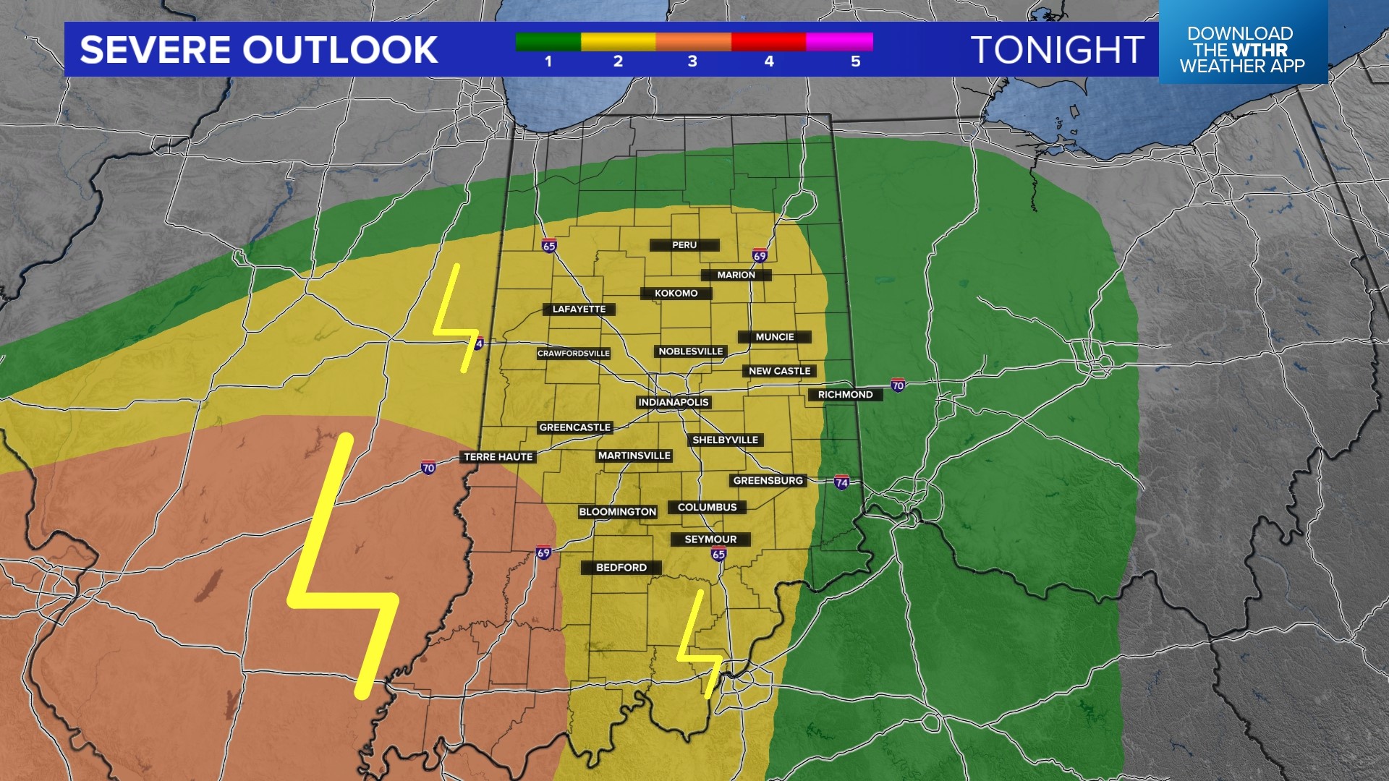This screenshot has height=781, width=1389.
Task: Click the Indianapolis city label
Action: coord(673,402)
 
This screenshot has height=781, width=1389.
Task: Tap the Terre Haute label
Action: coord(498,457)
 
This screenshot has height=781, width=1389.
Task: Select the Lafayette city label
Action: coord(579,310)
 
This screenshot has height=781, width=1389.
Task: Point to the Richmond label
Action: coord(845,395)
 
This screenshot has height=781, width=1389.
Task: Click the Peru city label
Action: coord(684,245)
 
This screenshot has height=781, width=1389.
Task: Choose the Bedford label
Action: coord(621,568)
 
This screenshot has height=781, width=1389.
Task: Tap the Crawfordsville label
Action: coord(574,354)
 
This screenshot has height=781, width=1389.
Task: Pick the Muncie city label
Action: coord(774,337)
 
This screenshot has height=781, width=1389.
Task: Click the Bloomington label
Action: coord(617,512)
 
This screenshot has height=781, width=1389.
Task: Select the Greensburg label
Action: coord(768,481)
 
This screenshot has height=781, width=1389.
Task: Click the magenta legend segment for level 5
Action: coord(839,42)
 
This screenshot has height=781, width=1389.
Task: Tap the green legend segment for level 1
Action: coord(548,42)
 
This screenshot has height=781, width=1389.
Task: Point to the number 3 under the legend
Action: coord(692,61)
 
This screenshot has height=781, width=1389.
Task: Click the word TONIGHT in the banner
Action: coord(1057,50)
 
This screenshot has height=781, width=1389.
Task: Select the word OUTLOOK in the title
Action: coord(339,50)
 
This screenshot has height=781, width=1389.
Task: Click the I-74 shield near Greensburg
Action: coord(841,482)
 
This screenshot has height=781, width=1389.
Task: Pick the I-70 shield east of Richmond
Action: coord(898,385)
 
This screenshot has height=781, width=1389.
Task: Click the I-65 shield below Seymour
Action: coord(718,555)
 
